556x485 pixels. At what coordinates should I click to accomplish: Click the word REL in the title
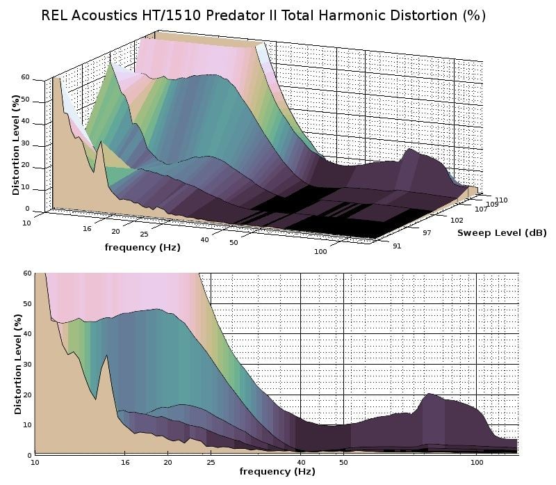coord(56,15)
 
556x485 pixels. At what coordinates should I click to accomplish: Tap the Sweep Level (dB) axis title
coord(502,232)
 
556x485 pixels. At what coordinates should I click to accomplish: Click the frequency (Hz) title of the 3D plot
coord(142,247)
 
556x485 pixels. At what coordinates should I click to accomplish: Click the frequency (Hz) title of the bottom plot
coord(277,471)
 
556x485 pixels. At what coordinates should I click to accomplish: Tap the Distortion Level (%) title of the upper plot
coord(15,145)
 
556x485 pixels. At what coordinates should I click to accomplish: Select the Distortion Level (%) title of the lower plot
coord(17,364)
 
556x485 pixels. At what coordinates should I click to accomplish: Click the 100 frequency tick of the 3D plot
coord(320,251)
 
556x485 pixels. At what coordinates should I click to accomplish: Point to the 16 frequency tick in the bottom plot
coord(125,461)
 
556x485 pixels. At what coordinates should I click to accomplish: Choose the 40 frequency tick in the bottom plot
coord(300,461)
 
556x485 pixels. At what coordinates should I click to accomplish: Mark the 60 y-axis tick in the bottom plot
coord(26,273)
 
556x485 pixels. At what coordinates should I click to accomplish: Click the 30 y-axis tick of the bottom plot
coord(26,364)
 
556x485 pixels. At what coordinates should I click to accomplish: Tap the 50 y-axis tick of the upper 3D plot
coord(25,99)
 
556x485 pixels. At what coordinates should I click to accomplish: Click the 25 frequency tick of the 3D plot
coord(144,234)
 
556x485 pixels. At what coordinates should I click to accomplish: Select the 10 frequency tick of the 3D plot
coord(26,222)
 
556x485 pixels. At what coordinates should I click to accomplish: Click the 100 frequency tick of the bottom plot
coord(477,461)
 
